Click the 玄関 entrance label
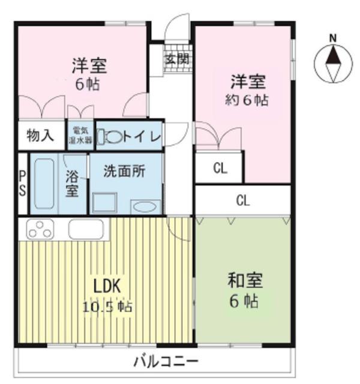coord(178,59)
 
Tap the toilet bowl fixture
coord(112,136)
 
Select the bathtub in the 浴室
coord(44,184)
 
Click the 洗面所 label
coord(124,171)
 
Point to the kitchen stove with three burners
coord(40,229)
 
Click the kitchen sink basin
coord(86,229)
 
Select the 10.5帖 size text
coord(107,307)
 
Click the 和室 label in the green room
coord(245,280)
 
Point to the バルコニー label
coord(166,362)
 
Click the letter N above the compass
coord(333,38)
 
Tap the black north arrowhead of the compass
coord(333,55)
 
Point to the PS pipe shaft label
coord(23,183)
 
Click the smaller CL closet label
coord(220,169)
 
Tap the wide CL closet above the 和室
coord(242,200)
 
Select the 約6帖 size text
coord(247,100)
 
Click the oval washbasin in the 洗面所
coord(145,207)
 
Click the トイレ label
coord(142,137)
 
